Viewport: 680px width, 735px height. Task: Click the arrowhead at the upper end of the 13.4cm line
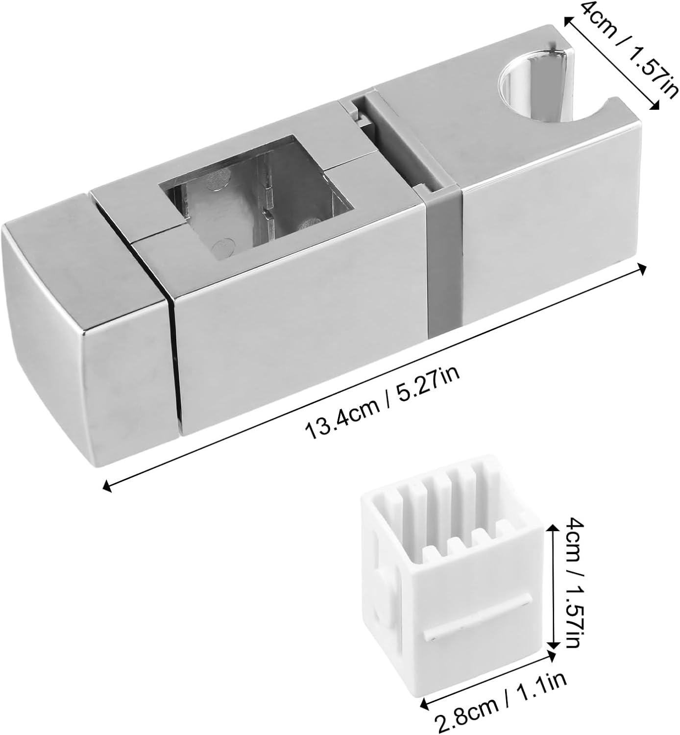click(x=642, y=269)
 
